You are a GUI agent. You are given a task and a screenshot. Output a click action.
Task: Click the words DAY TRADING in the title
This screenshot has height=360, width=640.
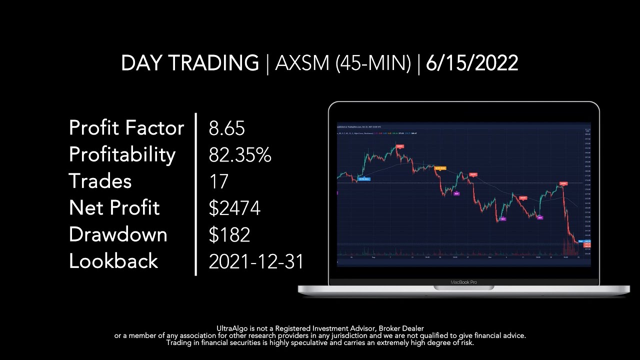click(189, 63)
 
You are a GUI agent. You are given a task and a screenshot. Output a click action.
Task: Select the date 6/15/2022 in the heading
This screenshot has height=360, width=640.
click(472, 63)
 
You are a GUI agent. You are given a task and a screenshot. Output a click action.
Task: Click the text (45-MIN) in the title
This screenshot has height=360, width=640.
click(372, 63)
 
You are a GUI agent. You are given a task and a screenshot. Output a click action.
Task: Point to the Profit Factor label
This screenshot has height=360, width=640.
click(126, 128)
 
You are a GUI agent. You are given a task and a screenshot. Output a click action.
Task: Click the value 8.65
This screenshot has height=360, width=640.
click(227, 128)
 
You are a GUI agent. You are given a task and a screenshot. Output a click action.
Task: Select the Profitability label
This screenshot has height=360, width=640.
click(122, 154)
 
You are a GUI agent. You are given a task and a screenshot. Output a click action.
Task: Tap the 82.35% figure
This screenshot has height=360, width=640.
click(240, 155)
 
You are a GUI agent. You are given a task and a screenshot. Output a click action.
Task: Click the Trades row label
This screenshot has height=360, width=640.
click(100, 181)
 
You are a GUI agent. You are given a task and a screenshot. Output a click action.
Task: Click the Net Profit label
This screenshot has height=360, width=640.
click(114, 207)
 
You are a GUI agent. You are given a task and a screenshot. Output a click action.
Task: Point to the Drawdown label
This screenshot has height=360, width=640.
click(118, 234)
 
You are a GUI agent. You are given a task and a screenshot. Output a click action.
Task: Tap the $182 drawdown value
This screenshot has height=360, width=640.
click(229, 234)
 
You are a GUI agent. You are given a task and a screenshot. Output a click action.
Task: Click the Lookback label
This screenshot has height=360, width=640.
click(113, 261)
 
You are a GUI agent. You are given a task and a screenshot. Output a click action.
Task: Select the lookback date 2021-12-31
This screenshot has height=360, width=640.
click(256, 261)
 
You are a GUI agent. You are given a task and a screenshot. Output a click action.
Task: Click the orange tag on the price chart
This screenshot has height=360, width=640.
click(439, 168)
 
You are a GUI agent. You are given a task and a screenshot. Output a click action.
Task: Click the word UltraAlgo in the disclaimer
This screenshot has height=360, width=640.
click(231, 328)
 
